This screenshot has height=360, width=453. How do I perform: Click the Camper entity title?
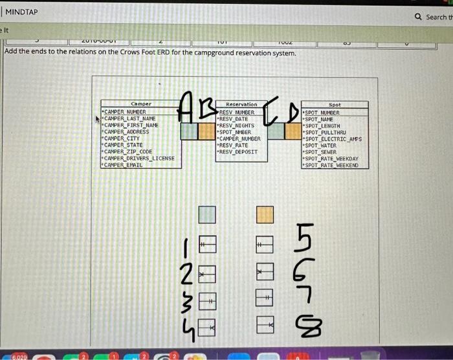140,104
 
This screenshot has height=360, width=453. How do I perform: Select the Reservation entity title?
241,104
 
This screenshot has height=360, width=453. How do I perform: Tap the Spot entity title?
335,104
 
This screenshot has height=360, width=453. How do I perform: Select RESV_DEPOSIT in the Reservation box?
239,152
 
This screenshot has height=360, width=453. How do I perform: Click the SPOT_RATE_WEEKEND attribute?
331,165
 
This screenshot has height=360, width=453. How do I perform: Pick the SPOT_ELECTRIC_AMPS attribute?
333,138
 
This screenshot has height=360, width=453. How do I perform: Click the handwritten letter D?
293,115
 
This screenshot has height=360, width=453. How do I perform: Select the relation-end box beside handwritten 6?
264,272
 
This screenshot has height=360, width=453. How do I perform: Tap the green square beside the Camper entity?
189,131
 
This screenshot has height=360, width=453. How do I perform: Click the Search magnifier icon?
420,17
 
